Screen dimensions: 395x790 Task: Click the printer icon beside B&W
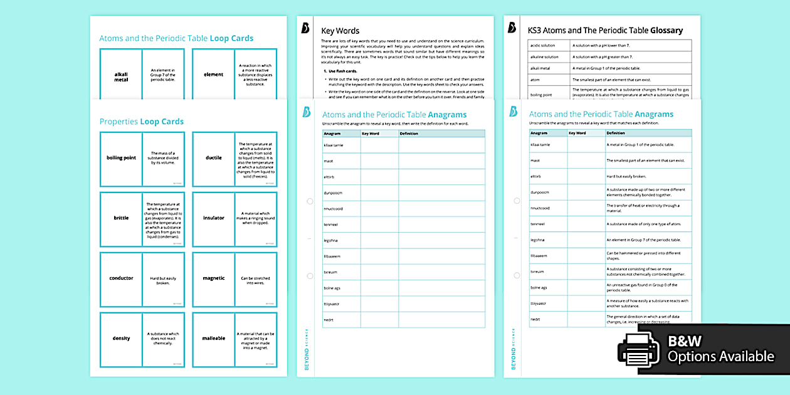tap(639, 348)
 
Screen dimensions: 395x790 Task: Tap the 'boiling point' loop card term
tap(121, 158)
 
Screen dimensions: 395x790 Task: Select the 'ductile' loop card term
tap(213, 158)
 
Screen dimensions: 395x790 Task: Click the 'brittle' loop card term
tap(121, 218)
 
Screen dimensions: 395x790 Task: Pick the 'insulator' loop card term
tap(213, 218)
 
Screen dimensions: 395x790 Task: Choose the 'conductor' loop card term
tap(121, 278)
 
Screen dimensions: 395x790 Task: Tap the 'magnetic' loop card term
tap(213, 278)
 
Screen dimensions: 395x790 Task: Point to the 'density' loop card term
tap(121, 339)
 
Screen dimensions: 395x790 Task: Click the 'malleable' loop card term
tap(213, 339)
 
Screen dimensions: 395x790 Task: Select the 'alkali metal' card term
tap(121, 77)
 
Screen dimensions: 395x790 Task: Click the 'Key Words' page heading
tap(340, 30)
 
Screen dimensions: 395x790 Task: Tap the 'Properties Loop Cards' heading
tap(141, 122)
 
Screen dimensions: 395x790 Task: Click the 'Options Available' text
tap(720, 357)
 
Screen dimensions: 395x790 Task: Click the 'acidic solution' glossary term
tap(544, 45)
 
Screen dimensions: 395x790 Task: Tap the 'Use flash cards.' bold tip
tap(341, 71)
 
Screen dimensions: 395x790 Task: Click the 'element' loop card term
tap(213, 75)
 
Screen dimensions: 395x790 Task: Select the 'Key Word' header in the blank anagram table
tap(371, 134)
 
